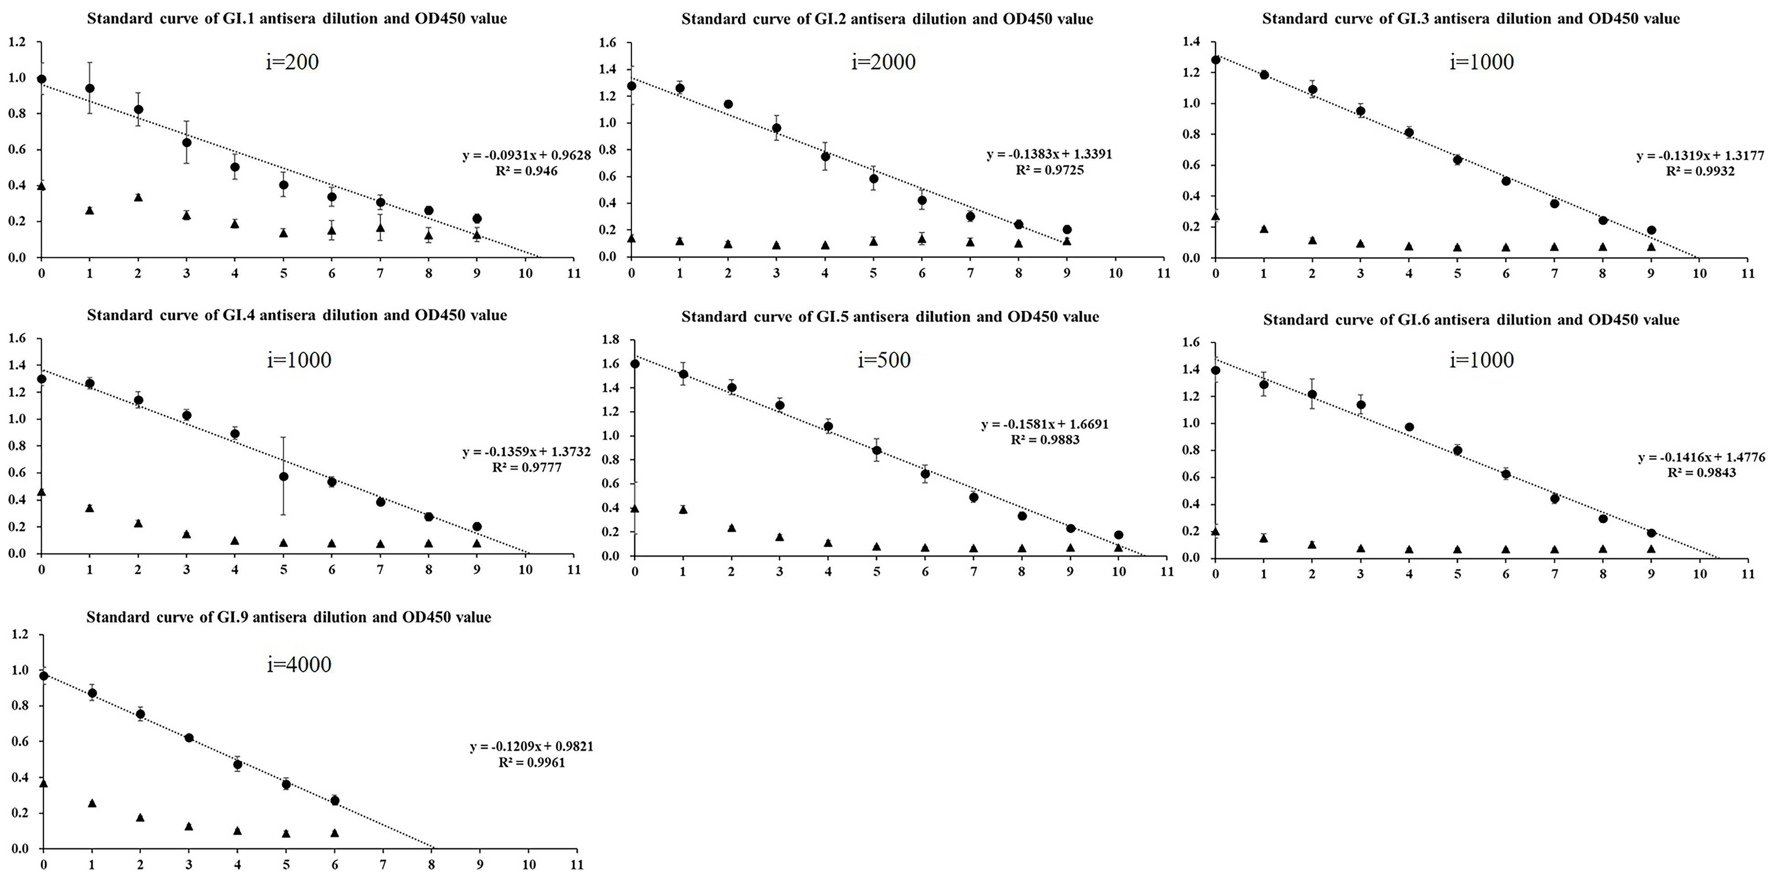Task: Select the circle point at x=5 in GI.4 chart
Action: pos(284,477)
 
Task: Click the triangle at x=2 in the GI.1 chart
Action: pos(138,197)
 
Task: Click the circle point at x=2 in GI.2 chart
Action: pos(728,104)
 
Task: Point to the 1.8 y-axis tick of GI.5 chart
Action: pos(610,340)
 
